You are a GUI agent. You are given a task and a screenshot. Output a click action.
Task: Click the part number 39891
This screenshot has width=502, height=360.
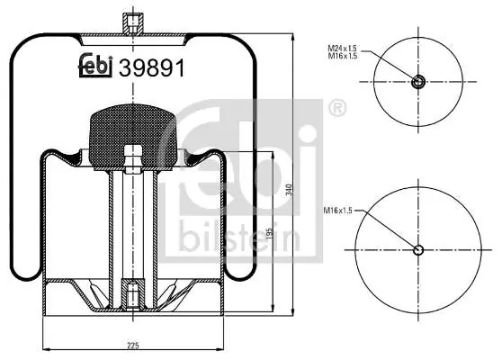tap(152, 67)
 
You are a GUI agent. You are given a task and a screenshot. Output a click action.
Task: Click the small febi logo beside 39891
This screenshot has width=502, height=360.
tap(95, 66)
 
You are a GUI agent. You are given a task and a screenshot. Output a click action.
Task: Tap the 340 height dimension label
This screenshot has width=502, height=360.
tap(289, 190)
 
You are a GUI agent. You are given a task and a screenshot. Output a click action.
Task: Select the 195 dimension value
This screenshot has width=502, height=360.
tap(269, 234)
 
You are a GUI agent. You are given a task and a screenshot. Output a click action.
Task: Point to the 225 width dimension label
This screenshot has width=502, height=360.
tap(132, 346)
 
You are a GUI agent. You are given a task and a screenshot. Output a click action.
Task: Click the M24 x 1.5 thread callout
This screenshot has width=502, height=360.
tap(342, 49)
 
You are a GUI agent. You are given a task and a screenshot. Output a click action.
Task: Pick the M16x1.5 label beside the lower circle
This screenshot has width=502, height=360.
tap(337, 211)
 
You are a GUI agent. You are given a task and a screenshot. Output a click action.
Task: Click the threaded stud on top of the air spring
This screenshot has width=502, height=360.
tap(133, 23)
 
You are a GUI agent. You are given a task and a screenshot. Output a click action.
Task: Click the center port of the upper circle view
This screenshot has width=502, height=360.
tap(417, 82)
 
